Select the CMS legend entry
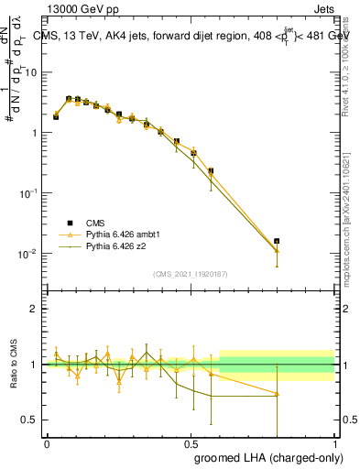96,223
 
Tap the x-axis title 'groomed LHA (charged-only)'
265,455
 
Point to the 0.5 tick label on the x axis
191,442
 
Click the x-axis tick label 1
334,442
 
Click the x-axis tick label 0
47,442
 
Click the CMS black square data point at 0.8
277,241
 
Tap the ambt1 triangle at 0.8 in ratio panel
277,394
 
